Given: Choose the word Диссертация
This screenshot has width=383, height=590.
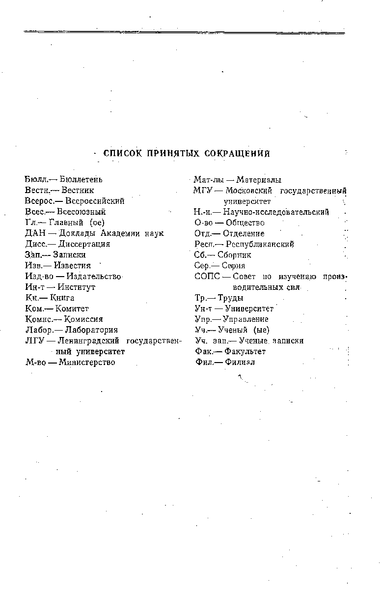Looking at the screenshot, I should click(84, 244).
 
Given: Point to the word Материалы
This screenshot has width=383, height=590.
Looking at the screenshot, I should click(258, 180).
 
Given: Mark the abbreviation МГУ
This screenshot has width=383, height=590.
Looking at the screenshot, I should click(203, 191).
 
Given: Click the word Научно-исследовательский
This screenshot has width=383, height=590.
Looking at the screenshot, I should click(275, 212).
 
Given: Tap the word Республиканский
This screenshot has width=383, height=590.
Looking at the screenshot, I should click(260, 244).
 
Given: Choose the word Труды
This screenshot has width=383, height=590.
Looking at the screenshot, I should click(231, 298).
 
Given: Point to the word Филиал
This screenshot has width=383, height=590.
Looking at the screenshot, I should click(241, 363).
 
